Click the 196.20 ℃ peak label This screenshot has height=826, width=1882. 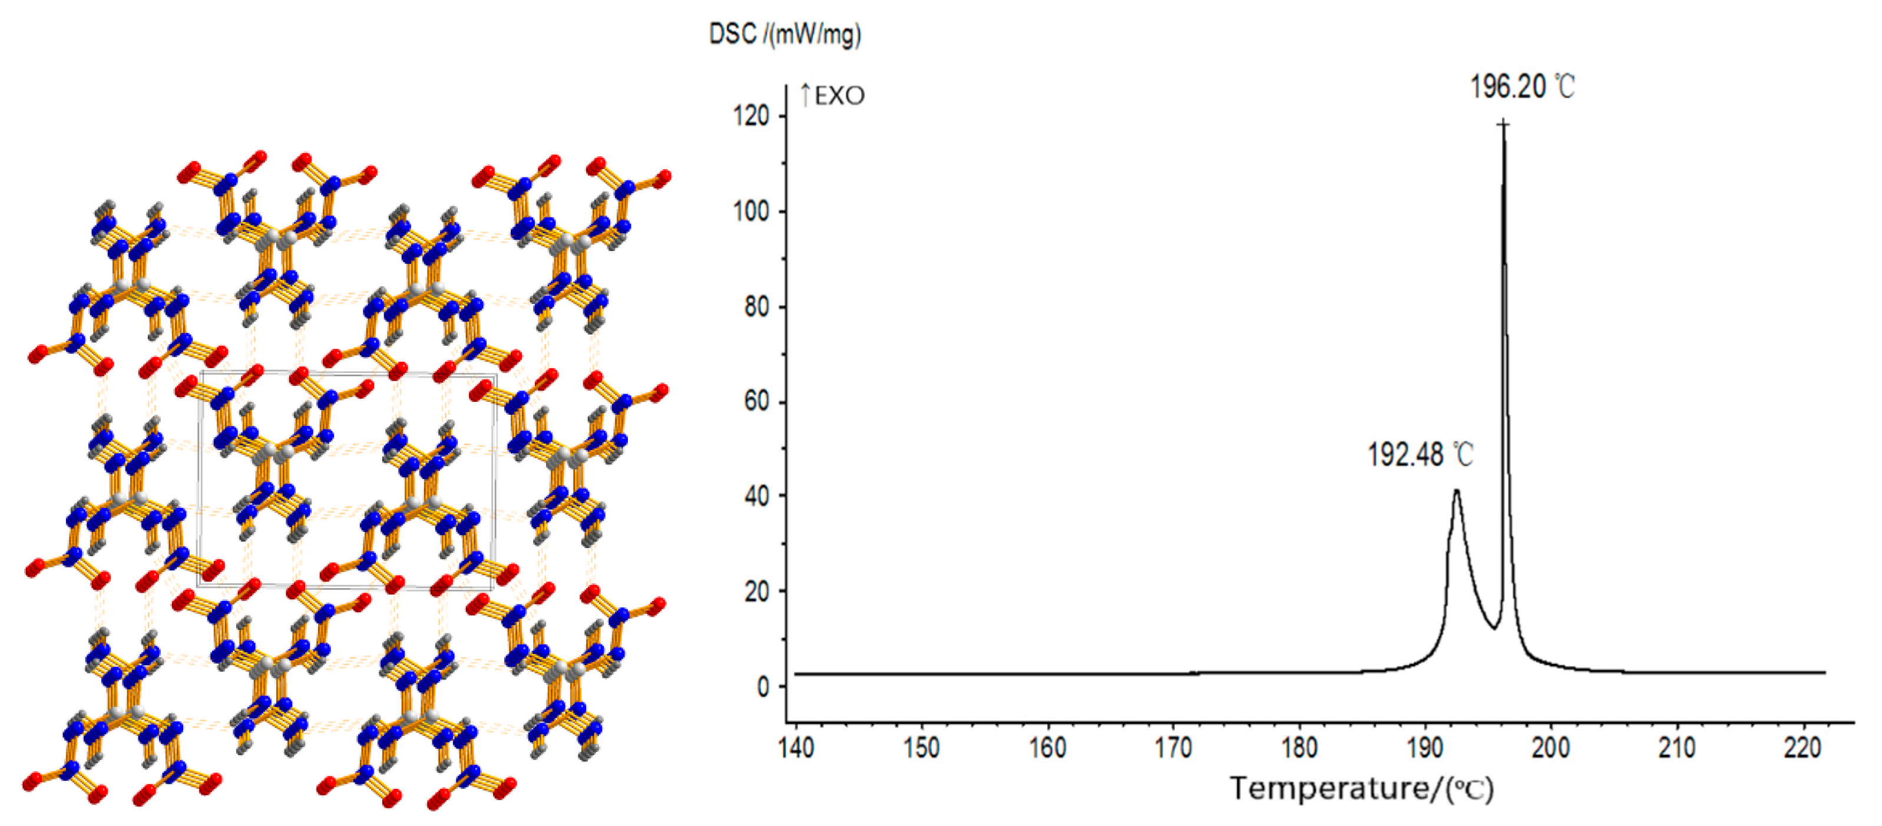click(x=1522, y=87)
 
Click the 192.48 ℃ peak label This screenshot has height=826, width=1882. click(x=1420, y=455)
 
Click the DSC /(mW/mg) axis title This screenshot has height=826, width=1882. click(x=785, y=34)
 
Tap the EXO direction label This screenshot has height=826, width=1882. click(x=832, y=96)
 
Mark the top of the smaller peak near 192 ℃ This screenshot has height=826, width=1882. click(x=1456, y=491)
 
